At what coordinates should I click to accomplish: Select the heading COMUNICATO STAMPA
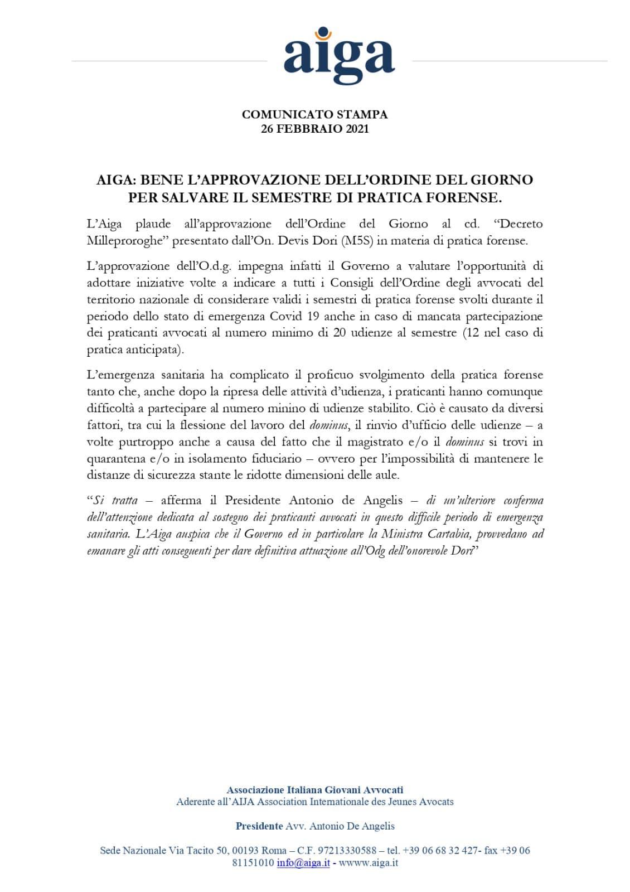pyautogui.click(x=314, y=114)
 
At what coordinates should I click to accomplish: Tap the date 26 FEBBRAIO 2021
pyautogui.click(x=314, y=129)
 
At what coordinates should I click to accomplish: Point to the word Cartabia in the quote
pyautogui.click(x=449, y=534)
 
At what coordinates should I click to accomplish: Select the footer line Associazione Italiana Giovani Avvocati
pyautogui.click(x=314, y=789)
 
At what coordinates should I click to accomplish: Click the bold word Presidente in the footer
pyautogui.click(x=259, y=826)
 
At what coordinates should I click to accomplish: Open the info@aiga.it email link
pyautogui.click(x=303, y=862)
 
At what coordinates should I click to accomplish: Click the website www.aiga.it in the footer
pyautogui.click(x=369, y=862)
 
